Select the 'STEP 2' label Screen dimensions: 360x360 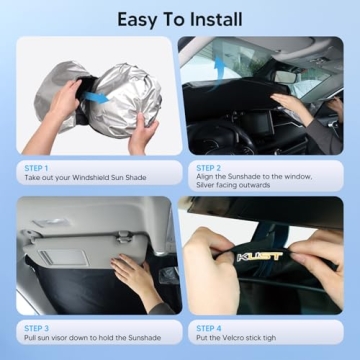(209, 167)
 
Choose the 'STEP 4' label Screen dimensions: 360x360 (209, 326)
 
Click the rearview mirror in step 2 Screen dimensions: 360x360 (289, 76)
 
